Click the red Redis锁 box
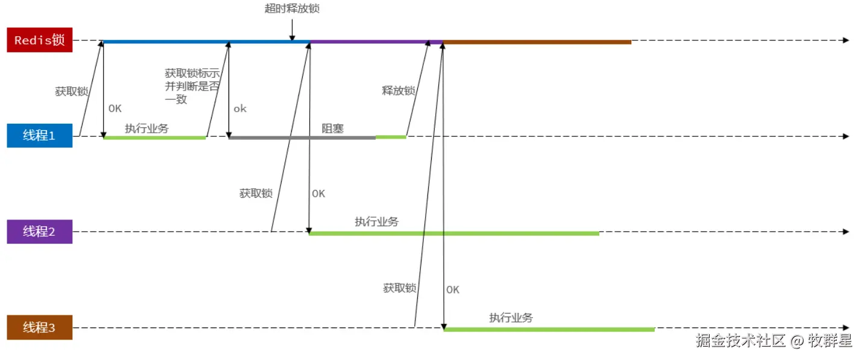coord(40,40)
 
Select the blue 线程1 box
coord(40,136)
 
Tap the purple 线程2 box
coord(40,232)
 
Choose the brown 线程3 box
coord(40,328)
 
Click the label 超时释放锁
coord(292,8)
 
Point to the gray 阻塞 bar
coord(301,137)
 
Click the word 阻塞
coord(332,128)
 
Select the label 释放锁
coord(399,90)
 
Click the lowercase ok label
coord(240,109)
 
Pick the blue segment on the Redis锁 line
coord(205,42)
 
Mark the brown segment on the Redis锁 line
coord(537,42)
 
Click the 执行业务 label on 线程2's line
coord(377,222)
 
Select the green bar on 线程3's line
coord(549,329)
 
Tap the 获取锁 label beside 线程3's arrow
coord(400,288)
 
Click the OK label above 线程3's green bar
coord(453,289)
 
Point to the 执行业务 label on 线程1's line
coord(147,128)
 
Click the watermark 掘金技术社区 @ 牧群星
coord(774,341)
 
